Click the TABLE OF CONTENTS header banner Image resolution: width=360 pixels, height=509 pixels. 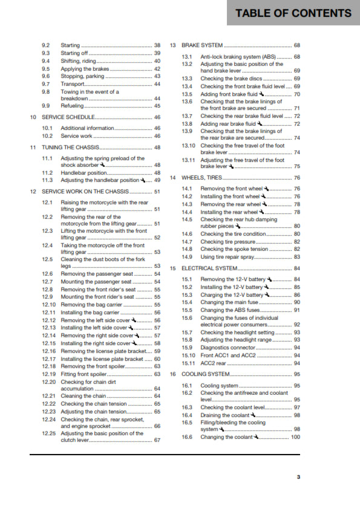(293, 13)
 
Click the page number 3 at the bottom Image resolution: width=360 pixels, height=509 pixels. (298, 477)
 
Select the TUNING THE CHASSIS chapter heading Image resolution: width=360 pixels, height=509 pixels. (69, 147)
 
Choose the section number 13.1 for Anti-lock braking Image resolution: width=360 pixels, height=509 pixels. (187, 57)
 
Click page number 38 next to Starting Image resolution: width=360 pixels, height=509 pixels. (157, 45)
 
